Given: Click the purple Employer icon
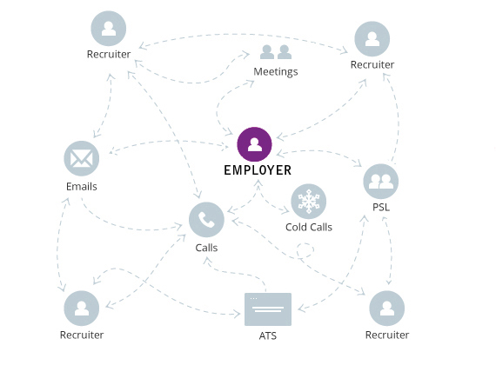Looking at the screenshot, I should [254, 144].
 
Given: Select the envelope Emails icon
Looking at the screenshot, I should [82, 159].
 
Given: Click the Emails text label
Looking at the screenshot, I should [82, 186].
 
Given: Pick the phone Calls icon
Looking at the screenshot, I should [206, 220].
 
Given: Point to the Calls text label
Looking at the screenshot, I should [206, 248].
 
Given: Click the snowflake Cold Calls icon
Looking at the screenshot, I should [308, 202].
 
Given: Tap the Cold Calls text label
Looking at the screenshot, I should [309, 227].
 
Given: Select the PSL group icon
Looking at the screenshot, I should [380, 181].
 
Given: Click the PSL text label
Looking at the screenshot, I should [381, 208].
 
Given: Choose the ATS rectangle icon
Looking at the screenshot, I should [268, 309].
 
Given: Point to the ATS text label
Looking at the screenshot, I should [268, 335].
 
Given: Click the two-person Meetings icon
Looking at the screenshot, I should [276, 51].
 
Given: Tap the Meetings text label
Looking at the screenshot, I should [276, 71].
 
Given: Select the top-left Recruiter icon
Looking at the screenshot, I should [109, 29].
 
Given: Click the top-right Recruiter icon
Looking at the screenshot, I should [372, 39].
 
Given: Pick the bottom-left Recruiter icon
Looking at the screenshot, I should [82, 309].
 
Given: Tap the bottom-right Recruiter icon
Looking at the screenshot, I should [387, 309].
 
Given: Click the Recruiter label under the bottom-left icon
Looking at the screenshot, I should [82, 335].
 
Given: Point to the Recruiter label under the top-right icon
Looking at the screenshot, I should [372, 65].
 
